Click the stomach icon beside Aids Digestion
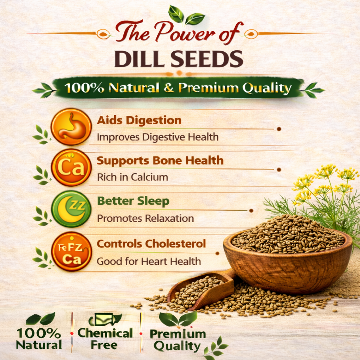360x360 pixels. (71, 127)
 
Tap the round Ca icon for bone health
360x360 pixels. (71, 167)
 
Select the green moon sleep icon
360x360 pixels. (71, 209)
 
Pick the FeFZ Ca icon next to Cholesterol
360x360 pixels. (71, 252)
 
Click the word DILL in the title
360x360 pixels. (141, 59)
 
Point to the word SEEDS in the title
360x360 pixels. (207, 59)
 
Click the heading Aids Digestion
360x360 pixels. (139, 121)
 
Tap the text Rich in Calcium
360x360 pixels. (133, 177)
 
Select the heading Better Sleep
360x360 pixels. (133, 201)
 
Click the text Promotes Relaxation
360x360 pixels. (145, 218)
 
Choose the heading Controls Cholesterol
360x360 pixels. (151, 244)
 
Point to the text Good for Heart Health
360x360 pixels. (149, 262)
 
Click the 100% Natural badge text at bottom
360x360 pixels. (39, 339)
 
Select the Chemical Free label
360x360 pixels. (105, 339)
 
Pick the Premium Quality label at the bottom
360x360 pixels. (178, 340)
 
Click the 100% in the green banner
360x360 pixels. (84, 88)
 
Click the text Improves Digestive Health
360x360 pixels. (158, 137)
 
